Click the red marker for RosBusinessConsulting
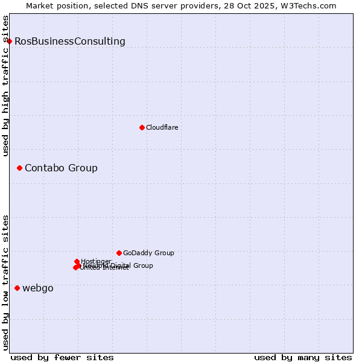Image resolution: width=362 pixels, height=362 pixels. (x=9, y=41)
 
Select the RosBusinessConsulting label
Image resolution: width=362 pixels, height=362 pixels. (x=70, y=42)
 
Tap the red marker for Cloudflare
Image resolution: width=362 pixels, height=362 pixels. (x=142, y=127)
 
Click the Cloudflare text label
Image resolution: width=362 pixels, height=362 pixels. (x=162, y=127)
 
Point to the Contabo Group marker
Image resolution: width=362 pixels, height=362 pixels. (x=19, y=168)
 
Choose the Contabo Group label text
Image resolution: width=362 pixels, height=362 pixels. (x=61, y=168)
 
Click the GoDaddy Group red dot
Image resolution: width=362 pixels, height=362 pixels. (x=119, y=253)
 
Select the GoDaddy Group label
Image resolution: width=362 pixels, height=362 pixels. (x=148, y=253)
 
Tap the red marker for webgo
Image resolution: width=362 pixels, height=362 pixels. (x=17, y=288)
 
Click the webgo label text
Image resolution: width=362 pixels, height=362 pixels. (x=38, y=288)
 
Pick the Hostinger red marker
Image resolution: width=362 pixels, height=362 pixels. (x=77, y=262)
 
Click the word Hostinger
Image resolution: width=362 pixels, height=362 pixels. (x=97, y=261)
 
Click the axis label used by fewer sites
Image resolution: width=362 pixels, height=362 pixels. (x=62, y=357)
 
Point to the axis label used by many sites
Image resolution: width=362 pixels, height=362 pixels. (x=303, y=357)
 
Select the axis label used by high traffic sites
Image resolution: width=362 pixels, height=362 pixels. (x=5, y=86)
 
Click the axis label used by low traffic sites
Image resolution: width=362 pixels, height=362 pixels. (x=5, y=282)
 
